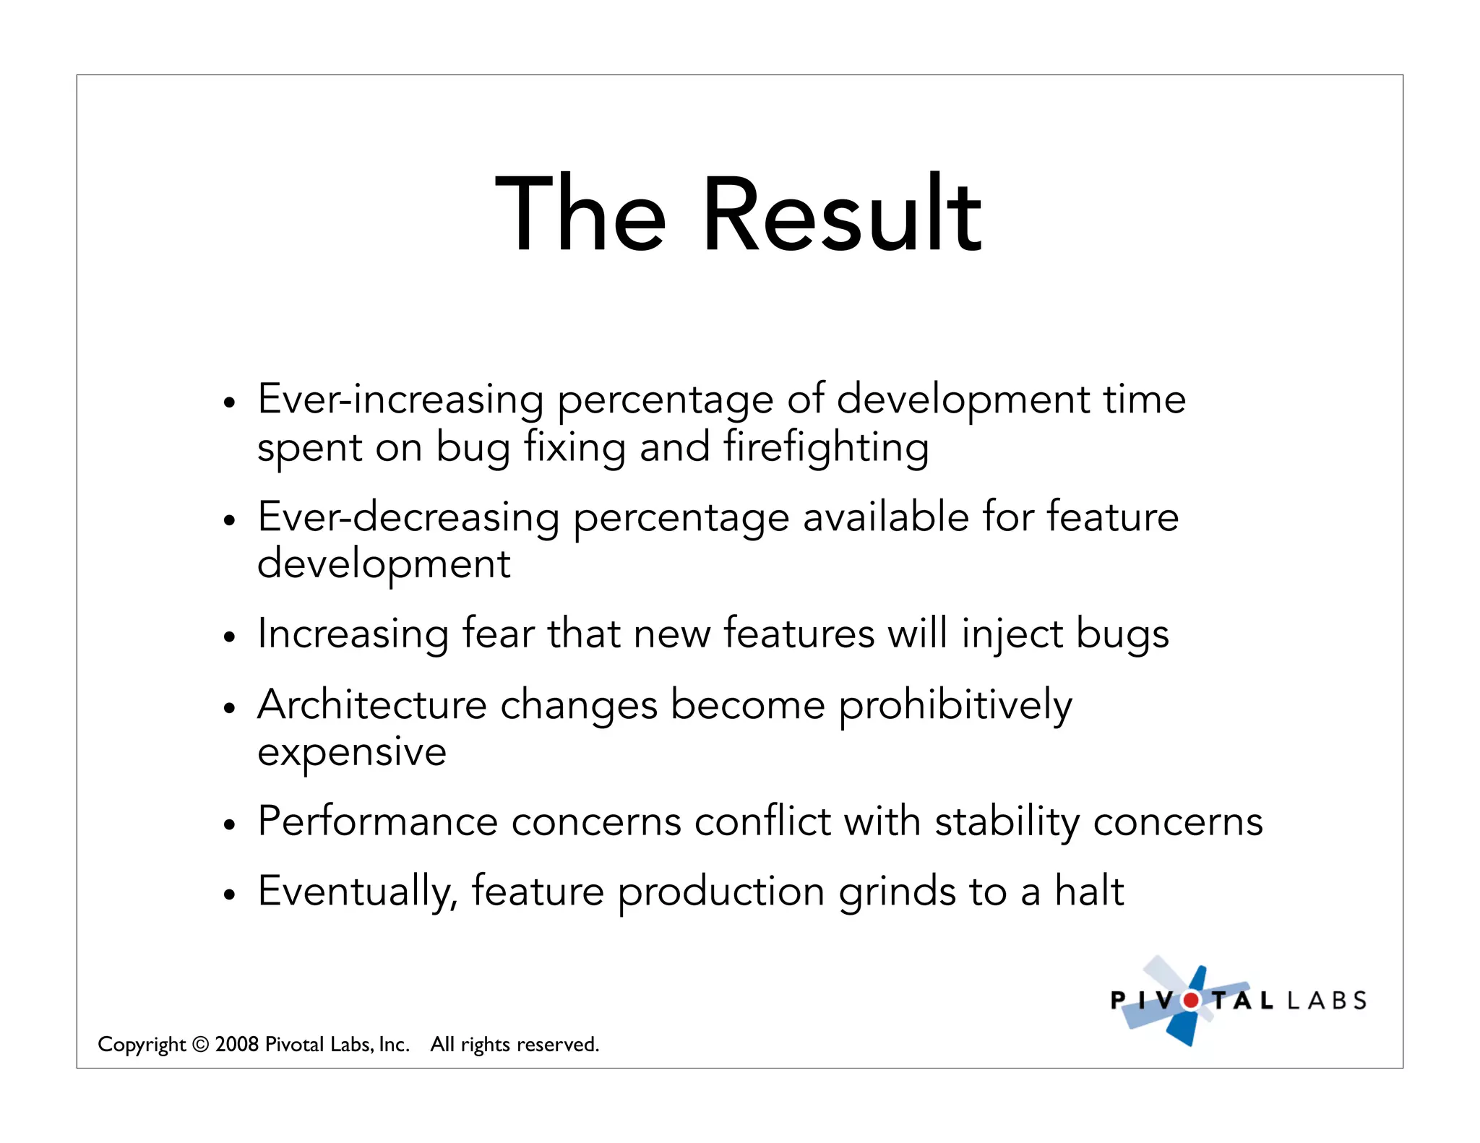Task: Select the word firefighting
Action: point(826,447)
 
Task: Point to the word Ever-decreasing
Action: point(408,517)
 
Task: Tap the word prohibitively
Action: point(955,706)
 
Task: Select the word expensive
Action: point(352,753)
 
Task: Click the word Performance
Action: point(378,821)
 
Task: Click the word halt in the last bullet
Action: point(1089,890)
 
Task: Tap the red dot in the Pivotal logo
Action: point(1191,1001)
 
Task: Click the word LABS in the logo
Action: point(1327,1001)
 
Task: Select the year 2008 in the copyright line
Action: point(236,1044)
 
